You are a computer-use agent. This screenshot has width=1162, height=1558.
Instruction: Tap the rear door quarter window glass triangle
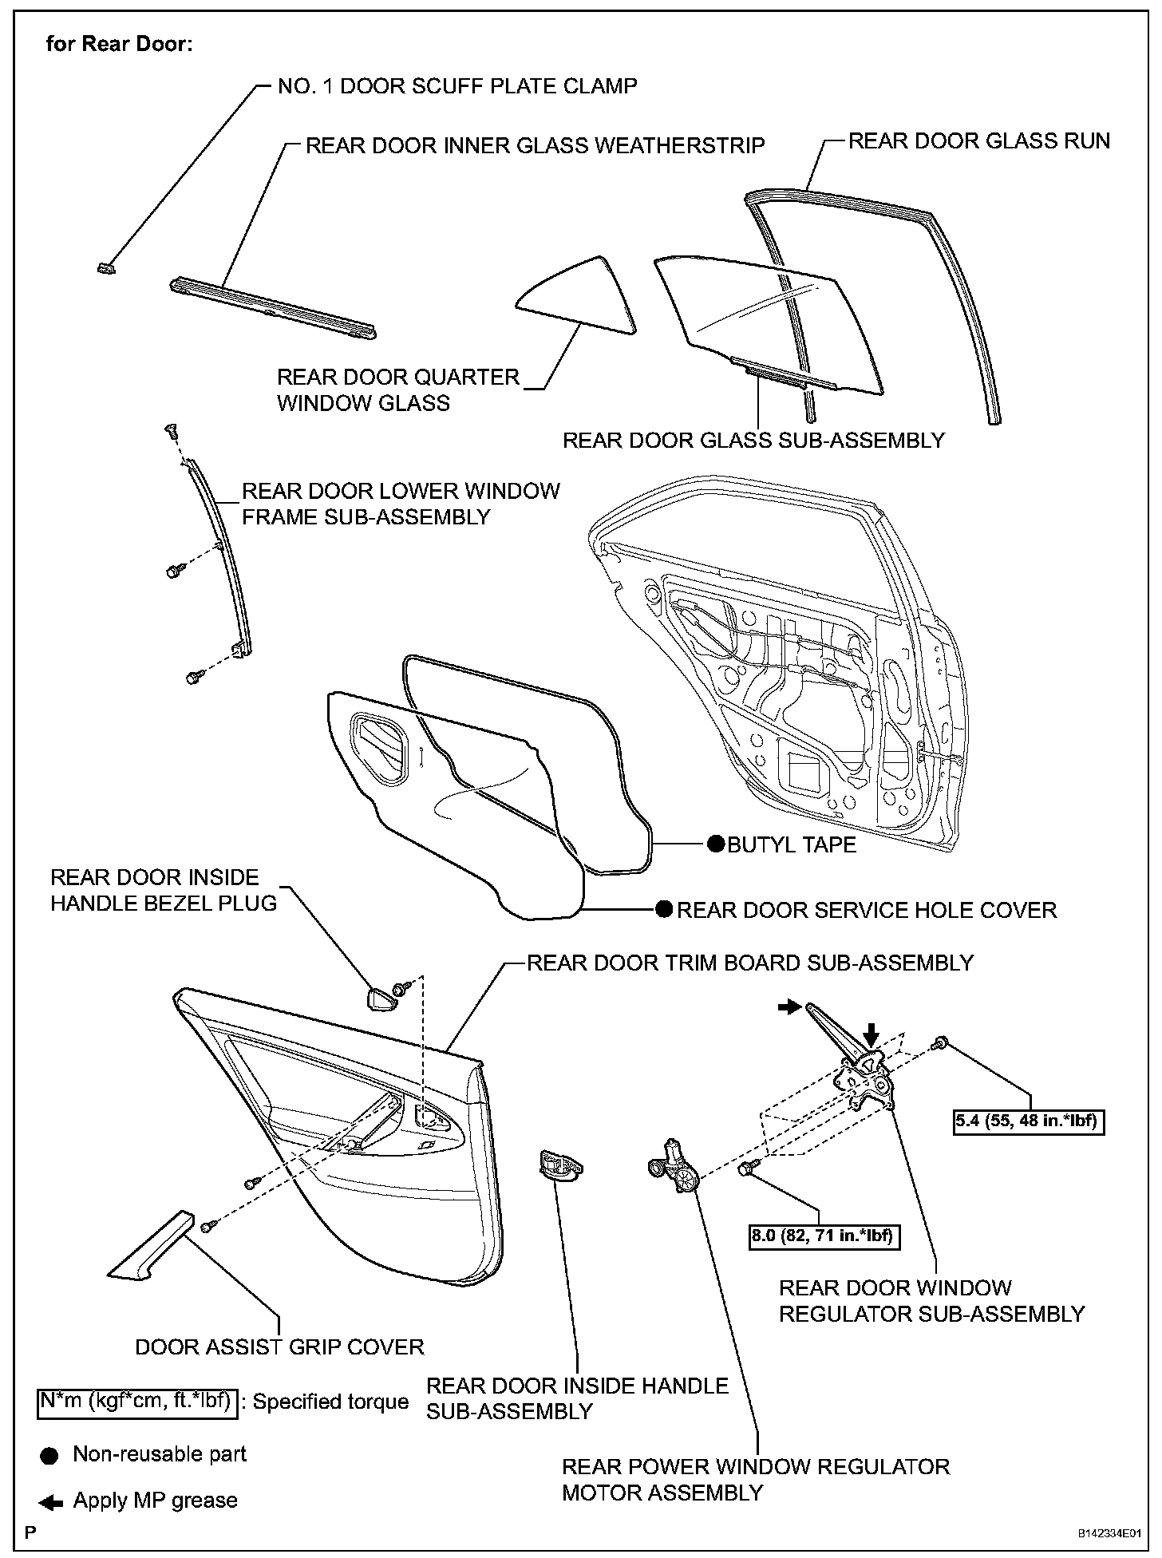click(x=579, y=296)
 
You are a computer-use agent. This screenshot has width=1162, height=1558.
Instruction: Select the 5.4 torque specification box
click(x=1029, y=1121)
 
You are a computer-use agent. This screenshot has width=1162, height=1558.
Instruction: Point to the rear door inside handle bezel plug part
click(x=381, y=999)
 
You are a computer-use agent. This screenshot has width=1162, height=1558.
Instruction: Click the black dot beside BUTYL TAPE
click(x=715, y=844)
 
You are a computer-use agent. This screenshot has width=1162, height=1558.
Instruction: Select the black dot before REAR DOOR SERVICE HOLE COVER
click(x=664, y=910)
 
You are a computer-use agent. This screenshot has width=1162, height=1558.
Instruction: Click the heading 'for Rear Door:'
click(x=119, y=44)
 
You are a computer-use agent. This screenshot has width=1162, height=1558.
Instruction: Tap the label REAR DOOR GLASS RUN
click(x=978, y=141)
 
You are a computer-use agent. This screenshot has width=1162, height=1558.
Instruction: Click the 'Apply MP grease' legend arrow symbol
click(x=51, y=1504)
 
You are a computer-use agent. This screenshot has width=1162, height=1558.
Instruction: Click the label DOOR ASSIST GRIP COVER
click(x=279, y=1347)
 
